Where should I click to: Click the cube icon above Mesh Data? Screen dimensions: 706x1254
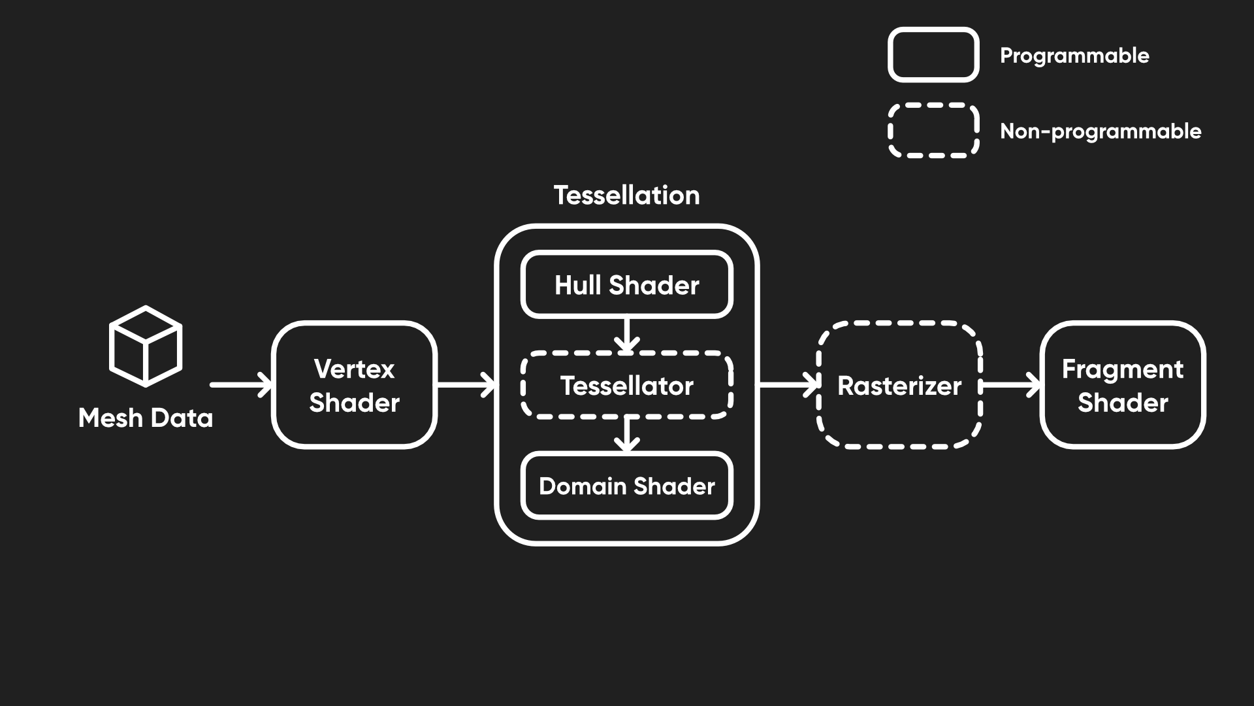(x=145, y=346)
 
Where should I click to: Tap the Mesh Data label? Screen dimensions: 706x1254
(x=145, y=418)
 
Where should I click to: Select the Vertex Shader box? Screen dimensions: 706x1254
(x=354, y=385)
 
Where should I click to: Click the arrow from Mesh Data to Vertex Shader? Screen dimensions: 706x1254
(x=240, y=384)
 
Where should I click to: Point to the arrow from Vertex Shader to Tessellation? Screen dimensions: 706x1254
(x=465, y=384)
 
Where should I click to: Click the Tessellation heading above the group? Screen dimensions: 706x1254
(x=626, y=195)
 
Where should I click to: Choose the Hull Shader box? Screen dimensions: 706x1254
(x=626, y=285)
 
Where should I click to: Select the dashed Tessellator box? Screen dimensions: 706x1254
(x=626, y=386)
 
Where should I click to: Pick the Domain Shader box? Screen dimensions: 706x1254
(x=626, y=486)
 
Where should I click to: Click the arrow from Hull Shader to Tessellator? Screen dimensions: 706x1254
(x=627, y=335)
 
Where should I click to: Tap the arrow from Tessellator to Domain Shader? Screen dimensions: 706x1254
(x=627, y=435)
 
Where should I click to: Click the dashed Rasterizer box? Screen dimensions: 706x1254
(x=899, y=385)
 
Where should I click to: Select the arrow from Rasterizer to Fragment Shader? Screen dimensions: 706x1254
(x=1010, y=384)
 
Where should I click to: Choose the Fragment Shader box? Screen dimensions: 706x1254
(x=1122, y=385)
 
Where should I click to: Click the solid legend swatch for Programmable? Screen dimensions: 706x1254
(x=933, y=55)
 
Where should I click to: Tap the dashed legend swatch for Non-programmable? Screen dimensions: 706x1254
(x=933, y=131)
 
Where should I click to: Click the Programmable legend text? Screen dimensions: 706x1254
(x=1074, y=56)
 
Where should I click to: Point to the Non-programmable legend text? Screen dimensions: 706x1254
(x=1101, y=131)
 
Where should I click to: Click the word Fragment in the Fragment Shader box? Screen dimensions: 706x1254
(x=1122, y=369)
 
